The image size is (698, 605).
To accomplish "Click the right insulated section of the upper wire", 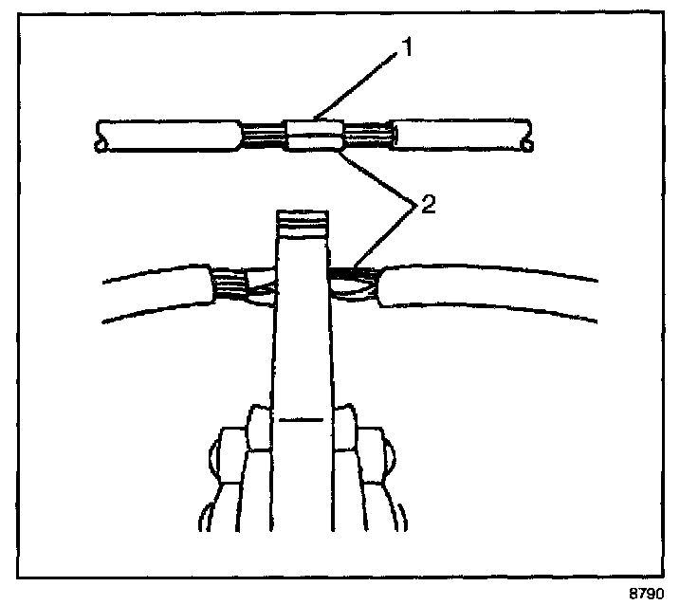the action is pyautogui.click(x=461, y=136).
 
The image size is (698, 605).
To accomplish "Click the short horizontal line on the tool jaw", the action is pyautogui.click(x=303, y=416).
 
